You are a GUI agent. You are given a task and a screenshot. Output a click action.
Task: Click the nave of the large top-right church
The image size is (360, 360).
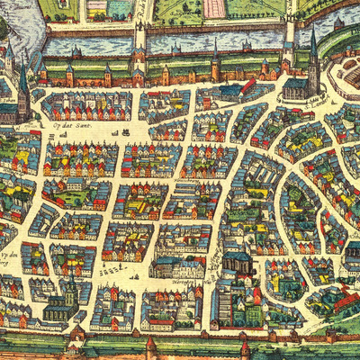coord(297,87)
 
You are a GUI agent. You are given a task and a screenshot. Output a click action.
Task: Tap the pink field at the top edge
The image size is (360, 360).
coord(214,8)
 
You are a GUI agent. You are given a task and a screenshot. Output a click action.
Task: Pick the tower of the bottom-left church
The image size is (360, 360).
coord(70,293)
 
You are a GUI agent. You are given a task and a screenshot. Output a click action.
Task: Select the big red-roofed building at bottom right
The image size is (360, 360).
coord(346,301)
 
